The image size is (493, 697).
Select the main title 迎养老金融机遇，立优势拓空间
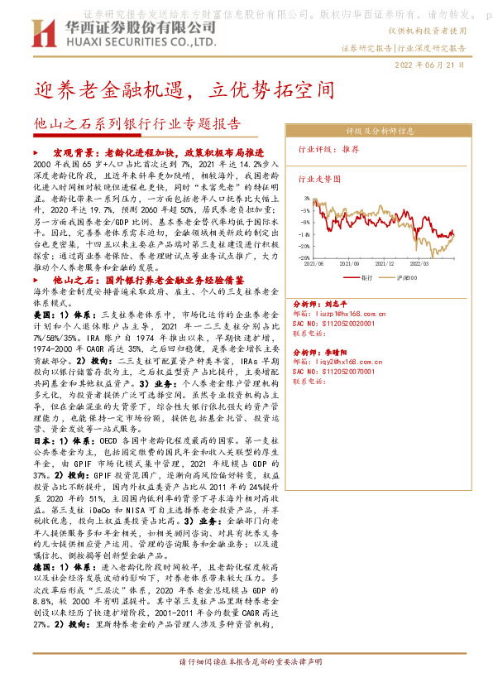(184, 88)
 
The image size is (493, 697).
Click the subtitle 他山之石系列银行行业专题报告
(137, 125)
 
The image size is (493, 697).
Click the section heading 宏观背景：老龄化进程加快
(158, 154)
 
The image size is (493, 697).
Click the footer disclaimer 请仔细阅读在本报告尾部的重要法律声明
(247, 685)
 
